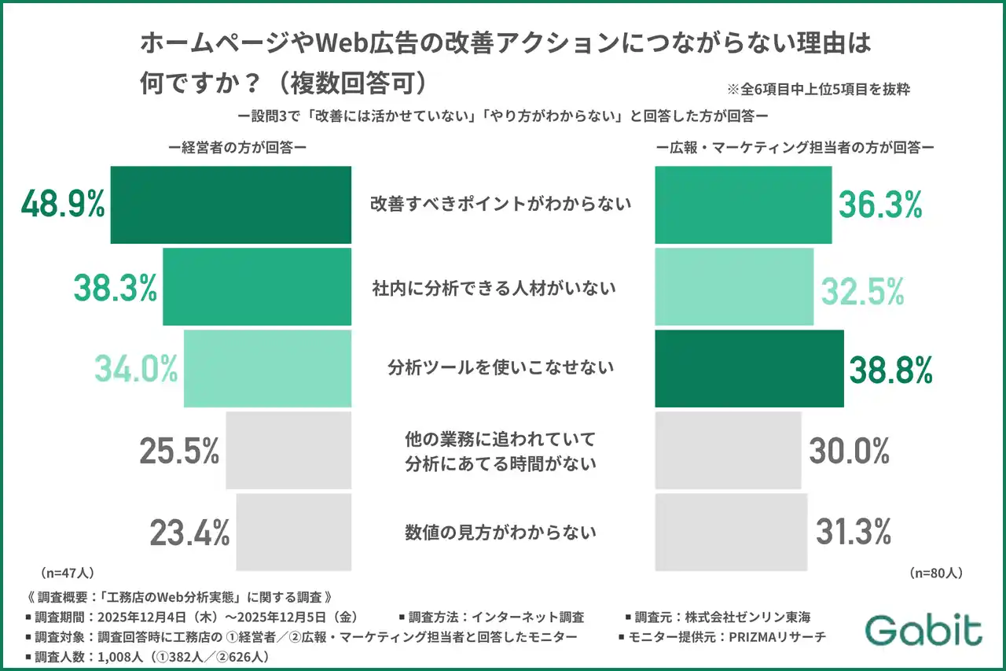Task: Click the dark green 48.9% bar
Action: click(x=230, y=205)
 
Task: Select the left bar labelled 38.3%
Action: click(x=256, y=287)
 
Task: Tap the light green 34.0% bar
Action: click(x=267, y=368)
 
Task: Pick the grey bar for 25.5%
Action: click(x=288, y=450)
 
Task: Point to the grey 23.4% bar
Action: click(x=293, y=532)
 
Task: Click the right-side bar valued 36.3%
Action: click(x=743, y=205)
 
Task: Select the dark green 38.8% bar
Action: click(x=749, y=368)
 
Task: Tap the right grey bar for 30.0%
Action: click(x=729, y=450)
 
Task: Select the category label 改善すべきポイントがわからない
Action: click(x=501, y=205)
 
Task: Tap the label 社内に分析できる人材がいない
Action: click(x=494, y=288)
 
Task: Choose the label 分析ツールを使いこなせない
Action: click(x=501, y=368)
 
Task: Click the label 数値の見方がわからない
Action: click(x=501, y=533)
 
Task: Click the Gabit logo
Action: click(x=923, y=630)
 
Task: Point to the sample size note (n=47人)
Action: click(x=65, y=573)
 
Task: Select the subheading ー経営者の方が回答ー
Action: click(x=237, y=147)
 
